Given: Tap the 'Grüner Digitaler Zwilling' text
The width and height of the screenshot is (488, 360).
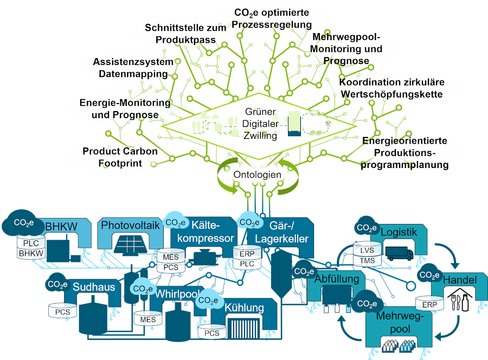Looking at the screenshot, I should [x=260, y=124].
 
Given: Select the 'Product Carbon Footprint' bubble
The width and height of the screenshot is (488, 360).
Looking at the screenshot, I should [x=120, y=157].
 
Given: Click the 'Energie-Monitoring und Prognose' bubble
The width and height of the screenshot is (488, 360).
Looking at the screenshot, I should [x=125, y=108].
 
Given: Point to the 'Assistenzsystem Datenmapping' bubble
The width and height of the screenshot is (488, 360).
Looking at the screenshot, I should [x=132, y=67].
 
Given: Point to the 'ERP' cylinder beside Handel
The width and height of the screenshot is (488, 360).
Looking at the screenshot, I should [x=429, y=304].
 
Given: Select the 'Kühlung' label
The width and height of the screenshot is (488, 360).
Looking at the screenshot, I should [x=245, y=308].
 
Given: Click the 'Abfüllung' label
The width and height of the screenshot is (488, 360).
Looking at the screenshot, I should [x=337, y=279].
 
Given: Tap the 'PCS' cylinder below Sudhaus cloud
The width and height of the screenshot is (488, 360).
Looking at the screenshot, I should [x=60, y=312].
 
